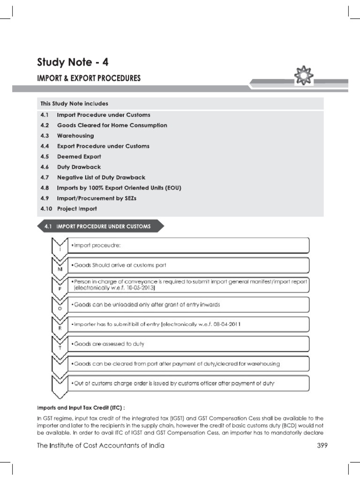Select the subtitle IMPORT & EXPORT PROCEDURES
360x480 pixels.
coord(89,78)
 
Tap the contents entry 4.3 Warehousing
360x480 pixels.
coord(75,136)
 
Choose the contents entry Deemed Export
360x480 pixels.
coord(79,157)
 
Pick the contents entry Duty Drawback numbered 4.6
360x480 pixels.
coord(79,167)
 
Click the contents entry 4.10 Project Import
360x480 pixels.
coord(77,209)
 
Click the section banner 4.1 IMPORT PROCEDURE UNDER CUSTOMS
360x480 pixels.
coord(100,227)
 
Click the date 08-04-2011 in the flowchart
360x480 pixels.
coord(224,324)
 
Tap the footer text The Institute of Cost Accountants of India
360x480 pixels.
coord(100,446)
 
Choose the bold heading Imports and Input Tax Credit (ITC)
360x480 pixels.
coord(81,407)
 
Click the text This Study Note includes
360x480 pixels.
coord(74,104)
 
